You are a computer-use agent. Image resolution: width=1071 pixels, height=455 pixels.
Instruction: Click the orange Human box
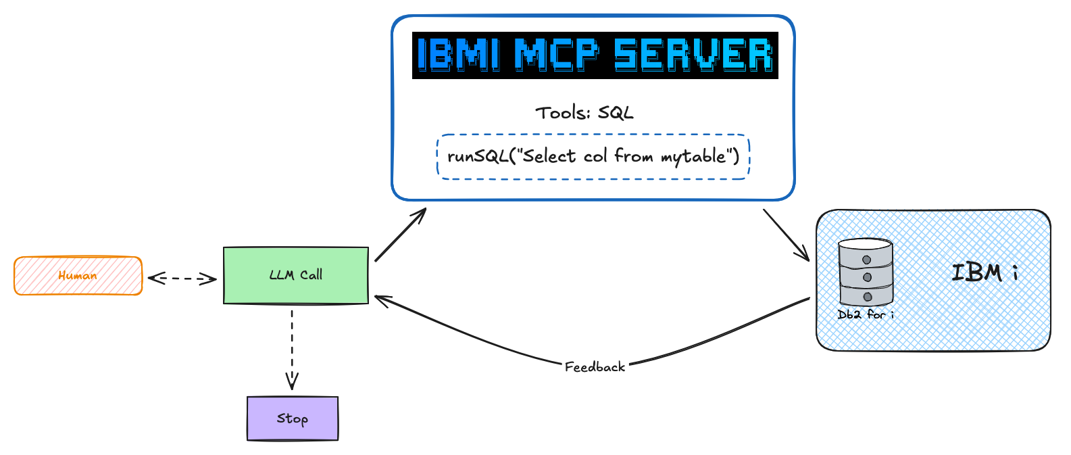pos(78,276)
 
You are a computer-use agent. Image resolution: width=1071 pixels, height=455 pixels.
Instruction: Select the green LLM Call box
pos(296,275)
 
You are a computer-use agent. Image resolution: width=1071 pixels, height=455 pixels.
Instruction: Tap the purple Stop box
pos(293,418)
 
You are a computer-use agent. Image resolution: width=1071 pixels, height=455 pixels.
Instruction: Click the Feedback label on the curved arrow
pos(595,367)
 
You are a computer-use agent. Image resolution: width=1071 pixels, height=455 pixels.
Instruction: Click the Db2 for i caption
pos(866,314)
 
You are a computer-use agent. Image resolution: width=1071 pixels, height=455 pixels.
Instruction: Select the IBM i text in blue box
pos(984,272)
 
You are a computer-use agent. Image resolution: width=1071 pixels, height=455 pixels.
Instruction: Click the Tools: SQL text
pos(584,113)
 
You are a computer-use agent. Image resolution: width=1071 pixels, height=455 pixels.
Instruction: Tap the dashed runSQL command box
pos(593,157)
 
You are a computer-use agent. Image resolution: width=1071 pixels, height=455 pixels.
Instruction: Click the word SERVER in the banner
pos(693,55)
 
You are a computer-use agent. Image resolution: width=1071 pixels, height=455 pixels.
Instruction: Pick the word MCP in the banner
pos(556,55)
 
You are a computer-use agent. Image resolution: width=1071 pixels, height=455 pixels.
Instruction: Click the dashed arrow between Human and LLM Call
pos(182,278)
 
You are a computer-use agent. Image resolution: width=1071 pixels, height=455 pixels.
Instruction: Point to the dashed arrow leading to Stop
pos(292,348)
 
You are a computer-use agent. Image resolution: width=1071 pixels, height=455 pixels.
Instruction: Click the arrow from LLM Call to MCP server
pos(400,235)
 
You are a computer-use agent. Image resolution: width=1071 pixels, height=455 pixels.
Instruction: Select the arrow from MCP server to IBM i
pos(786,234)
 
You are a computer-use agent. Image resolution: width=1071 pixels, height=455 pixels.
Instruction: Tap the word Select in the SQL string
pos(549,157)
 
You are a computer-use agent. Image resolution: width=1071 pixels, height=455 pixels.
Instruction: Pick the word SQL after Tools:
pos(616,113)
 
